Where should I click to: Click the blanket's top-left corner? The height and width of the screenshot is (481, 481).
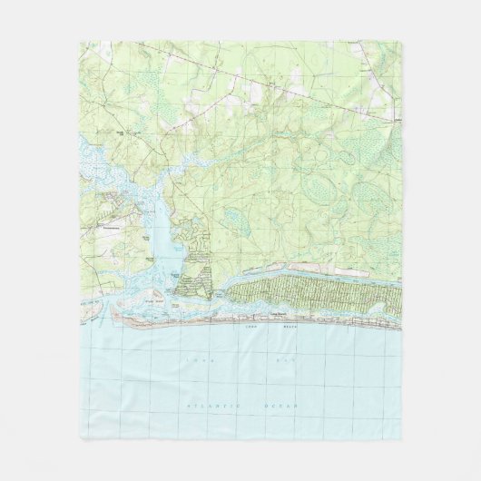[79, 40]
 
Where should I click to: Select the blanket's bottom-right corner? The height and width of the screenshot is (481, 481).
[402, 439]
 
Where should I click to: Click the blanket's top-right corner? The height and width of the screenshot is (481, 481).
[402, 40]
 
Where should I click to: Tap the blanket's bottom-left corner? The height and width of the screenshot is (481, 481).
[79, 439]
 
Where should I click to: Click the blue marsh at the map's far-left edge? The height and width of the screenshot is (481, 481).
[87, 163]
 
